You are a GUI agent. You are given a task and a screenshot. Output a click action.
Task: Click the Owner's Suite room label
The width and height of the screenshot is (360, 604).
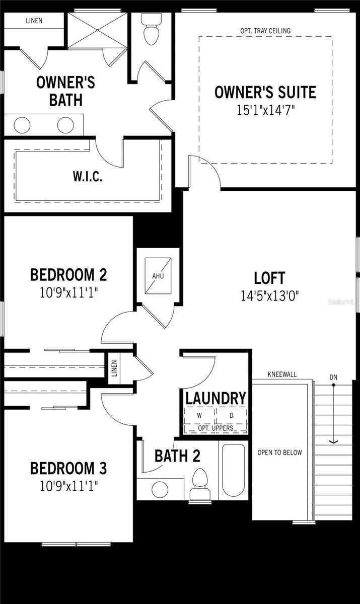(x=265, y=93)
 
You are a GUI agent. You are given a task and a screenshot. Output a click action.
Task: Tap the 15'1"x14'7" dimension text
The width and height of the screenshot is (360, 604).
(x=265, y=110)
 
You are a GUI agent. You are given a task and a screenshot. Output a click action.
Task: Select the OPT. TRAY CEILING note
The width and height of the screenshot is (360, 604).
(x=265, y=31)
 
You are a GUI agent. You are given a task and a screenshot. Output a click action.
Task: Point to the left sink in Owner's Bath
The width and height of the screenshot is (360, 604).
(x=22, y=124)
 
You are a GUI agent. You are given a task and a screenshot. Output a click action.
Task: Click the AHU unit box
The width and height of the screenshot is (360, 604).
(x=159, y=276)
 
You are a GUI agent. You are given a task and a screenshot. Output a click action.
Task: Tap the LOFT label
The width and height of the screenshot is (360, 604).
(x=270, y=278)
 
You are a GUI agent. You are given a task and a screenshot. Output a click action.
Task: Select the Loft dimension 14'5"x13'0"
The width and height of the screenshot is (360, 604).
(x=270, y=295)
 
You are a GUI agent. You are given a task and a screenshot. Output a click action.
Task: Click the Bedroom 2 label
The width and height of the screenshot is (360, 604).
(x=68, y=275)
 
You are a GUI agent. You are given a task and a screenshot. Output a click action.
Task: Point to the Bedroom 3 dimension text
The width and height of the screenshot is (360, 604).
(x=68, y=486)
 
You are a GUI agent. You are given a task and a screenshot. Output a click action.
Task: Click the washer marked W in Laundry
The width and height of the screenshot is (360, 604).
(x=199, y=416)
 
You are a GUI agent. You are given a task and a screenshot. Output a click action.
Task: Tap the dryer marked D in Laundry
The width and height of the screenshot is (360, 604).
(x=232, y=416)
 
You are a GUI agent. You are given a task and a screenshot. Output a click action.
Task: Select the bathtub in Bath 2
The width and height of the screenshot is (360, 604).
(x=234, y=471)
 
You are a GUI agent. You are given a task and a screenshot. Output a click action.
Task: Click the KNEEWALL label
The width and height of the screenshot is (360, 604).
(x=282, y=375)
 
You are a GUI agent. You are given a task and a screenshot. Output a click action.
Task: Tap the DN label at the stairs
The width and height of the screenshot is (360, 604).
(x=333, y=377)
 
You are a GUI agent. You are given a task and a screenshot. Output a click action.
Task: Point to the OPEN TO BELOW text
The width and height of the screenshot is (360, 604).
(x=280, y=452)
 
